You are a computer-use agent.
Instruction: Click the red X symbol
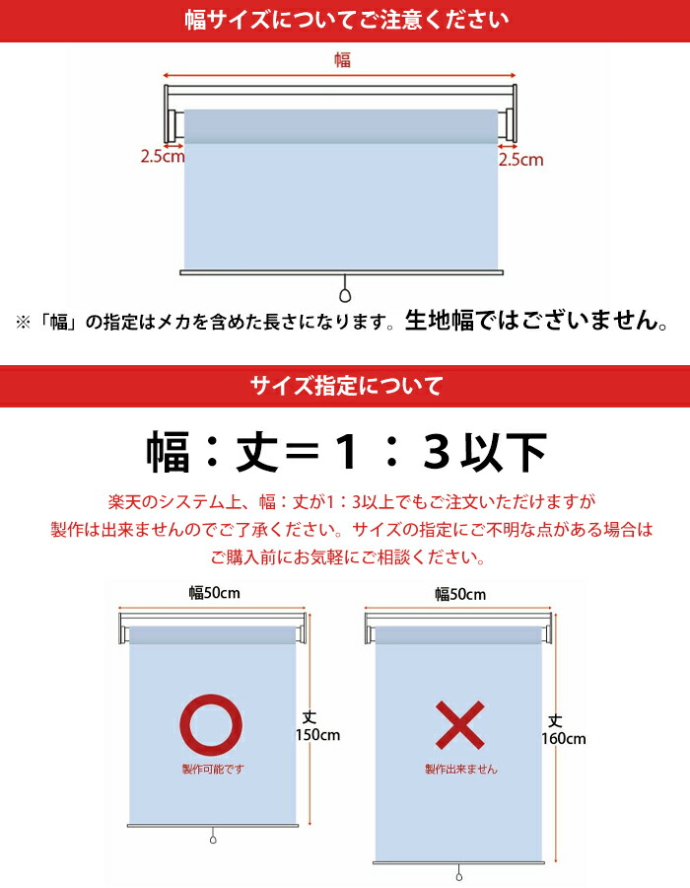pyautogui.click(x=459, y=725)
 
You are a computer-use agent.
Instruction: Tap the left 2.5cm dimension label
pyautogui.click(x=162, y=156)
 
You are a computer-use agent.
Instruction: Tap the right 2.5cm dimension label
pyautogui.click(x=520, y=159)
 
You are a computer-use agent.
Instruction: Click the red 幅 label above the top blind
pyautogui.click(x=342, y=60)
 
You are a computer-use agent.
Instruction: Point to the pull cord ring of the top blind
pyautogui.click(x=345, y=295)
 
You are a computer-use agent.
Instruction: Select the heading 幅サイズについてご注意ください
pyautogui.click(x=345, y=20)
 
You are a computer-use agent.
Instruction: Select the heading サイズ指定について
pyautogui.click(x=345, y=385)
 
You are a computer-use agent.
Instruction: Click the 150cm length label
pyautogui.click(x=316, y=735)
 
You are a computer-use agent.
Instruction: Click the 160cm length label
pyautogui.click(x=563, y=738)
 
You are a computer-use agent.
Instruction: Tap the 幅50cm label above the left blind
pyautogui.click(x=215, y=593)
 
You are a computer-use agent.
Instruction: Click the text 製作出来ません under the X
pyautogui.click(x=460, y=769)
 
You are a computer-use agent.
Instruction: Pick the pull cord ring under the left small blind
pyautogui.click(x=212, y=840)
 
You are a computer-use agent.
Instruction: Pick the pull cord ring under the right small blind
pyautogui.click(x=459, y=874)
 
